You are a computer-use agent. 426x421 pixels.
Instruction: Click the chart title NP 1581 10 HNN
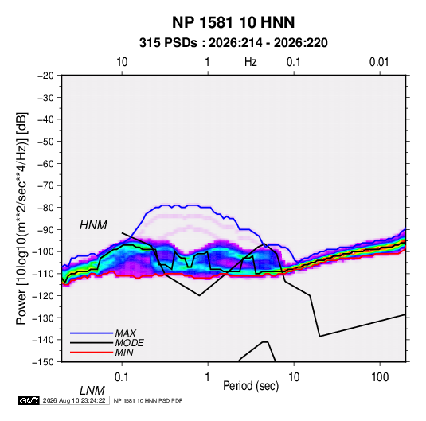click(233, 22)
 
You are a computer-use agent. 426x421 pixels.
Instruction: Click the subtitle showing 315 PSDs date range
click(233, 43)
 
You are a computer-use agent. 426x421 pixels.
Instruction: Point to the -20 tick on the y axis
click(45, 76)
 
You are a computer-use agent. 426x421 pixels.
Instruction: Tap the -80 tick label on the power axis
click(45, 208)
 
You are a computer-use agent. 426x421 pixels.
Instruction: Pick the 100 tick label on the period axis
click(380, 376)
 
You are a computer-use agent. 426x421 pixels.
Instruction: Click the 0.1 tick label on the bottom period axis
click(122, 376)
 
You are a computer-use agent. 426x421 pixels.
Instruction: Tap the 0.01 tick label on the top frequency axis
click(379, 62)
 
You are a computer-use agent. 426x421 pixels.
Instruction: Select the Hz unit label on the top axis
click(251, 62)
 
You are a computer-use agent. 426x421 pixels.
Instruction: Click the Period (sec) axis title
click(251, 386)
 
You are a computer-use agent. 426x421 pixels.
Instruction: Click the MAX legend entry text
click(125, 333)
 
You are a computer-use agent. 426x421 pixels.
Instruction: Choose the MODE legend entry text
click(129, 343)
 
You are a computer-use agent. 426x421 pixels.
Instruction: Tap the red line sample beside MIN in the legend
click(92, 353)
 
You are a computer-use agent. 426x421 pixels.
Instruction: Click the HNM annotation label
click(93, 225)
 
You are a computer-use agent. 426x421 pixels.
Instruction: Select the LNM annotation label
click(92, 391)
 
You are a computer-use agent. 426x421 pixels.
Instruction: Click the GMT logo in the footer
click(29, 400)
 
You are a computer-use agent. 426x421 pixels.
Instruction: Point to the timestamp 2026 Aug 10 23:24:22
click(74, 400)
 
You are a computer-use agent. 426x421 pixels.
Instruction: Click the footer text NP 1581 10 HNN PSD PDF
click(148, 400)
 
